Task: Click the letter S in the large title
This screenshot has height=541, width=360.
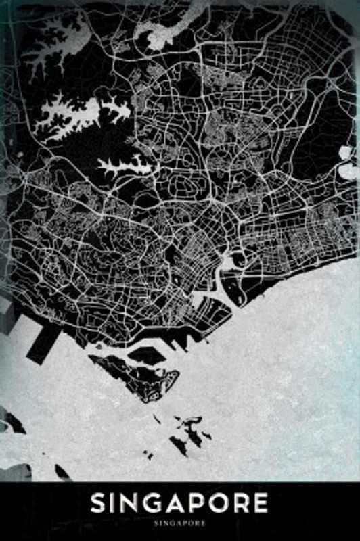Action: [99, 504]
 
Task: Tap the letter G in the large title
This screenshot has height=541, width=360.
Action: [149, 504]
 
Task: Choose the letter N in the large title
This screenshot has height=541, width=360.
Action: [127, 504]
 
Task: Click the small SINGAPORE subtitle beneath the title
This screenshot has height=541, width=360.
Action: [180, 523]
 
